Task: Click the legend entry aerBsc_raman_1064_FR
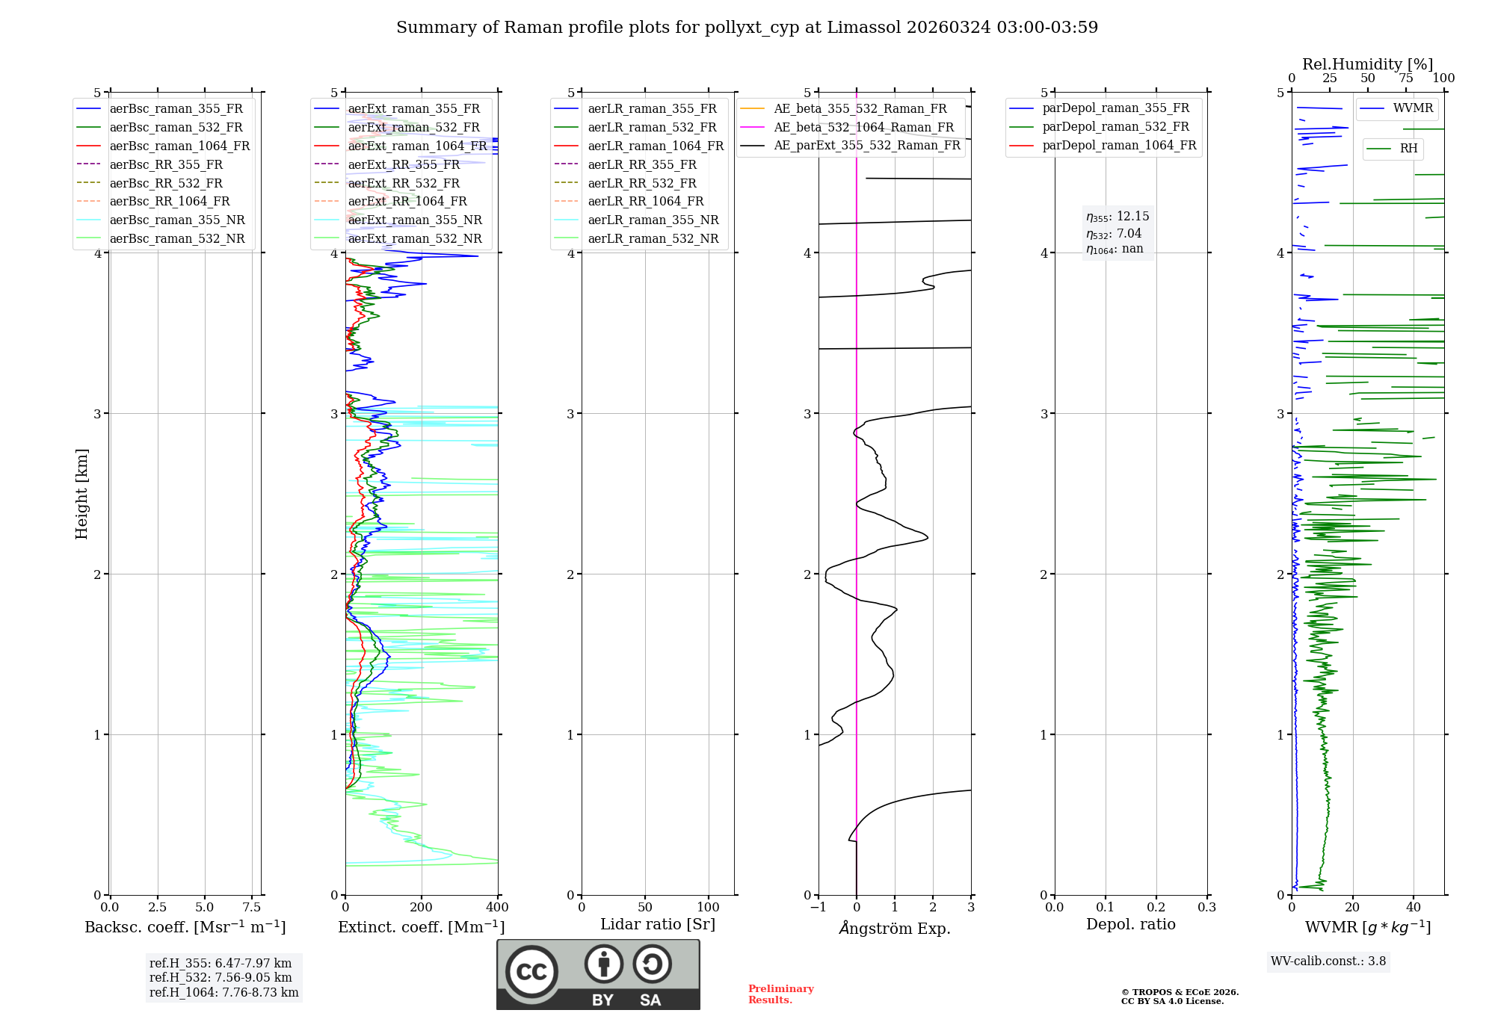pyautogui.click(x=179, y=146)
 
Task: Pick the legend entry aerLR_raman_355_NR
pyautogui.click(x=653, y=220)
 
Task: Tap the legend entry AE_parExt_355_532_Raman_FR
pyautogui.click(x=866, y=145)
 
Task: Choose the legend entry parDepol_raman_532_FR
pyautogui.click(x=1115, y=127)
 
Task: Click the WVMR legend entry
pyautogui.click(x=1412, y=108)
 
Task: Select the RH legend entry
pyautogui.click(x=1408, y=149)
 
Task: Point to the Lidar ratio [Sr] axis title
pyautogui.click(x=657, y=924)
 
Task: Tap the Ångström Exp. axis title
pyautogui.click(x=894, y=929)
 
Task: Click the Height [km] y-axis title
pyautogui.click(x=81, y=494)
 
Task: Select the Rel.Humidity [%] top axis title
pyautogui.click(x=1367, y=64)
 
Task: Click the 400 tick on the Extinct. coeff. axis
pyautogui.click(x=497, y=908)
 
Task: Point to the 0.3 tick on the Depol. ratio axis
pyautogui.click(x=1206, y=908)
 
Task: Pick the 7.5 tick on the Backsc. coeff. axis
pyautogui.click(x=252, y=908)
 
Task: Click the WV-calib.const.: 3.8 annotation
pyautogui.click(x=1328, y=961)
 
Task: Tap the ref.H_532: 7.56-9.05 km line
pyautogui.click(x=221, y=978)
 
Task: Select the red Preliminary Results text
pyautogui.click(x=780, y=994)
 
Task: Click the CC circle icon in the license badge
pyautogui.click(x=531, y=972)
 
